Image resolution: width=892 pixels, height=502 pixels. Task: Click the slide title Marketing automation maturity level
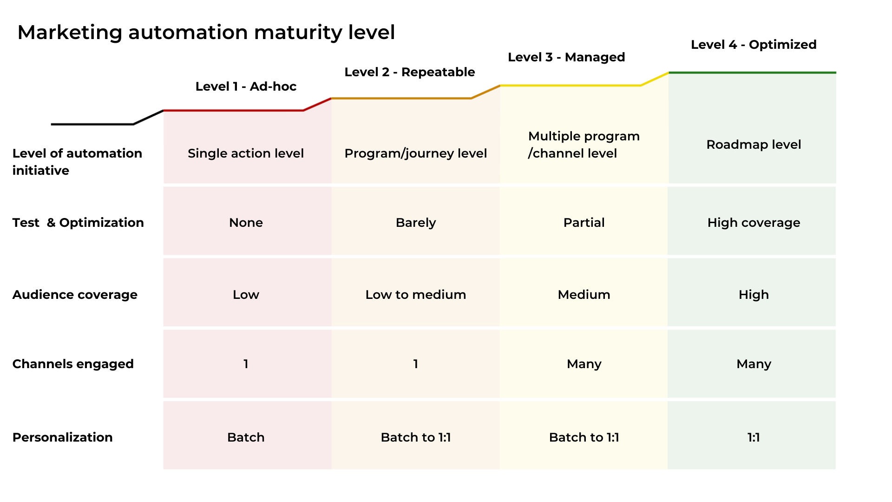tap(206, 33)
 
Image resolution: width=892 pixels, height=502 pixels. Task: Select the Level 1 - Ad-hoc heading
tap(246, 86)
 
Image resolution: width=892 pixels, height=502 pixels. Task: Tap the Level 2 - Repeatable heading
tap(409, 72)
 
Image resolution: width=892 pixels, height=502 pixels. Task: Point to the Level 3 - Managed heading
tap(566, 57)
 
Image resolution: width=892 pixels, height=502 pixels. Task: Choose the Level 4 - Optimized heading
tap(753, 45)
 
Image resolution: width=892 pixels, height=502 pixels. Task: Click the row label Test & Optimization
tap(78, 223)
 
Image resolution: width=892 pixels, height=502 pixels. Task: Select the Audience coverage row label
tap(75, 295)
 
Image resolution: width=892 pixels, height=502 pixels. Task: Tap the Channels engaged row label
tap(73, 364)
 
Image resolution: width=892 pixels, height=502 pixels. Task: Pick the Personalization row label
tap(62, 437)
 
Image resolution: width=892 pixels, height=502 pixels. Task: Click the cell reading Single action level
tap(245, 153)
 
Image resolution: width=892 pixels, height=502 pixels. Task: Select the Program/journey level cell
tap(415, 153)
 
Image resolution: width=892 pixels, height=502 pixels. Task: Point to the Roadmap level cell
tap(753, 145)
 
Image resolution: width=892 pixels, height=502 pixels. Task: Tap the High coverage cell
tap(753, 223)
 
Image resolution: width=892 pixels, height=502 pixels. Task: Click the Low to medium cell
tap(415, 295)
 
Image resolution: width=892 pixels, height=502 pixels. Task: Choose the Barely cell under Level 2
tap(415, 223)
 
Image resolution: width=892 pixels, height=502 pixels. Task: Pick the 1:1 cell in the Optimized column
tap(753, 437)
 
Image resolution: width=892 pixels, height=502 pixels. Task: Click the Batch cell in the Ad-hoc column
tap(245, 437)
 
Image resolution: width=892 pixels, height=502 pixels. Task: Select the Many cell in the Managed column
tap(584, 364)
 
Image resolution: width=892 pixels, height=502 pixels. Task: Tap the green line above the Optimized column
tap(753, 73)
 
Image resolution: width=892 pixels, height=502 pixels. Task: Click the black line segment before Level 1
tap(93, 124)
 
